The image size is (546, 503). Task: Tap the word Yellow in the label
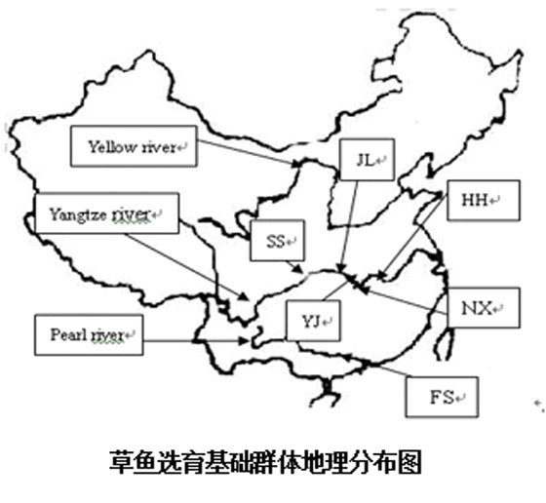coord(106,147)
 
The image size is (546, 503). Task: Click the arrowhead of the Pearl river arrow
coord(243,341)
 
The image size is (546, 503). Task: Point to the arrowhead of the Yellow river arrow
coord(296,163)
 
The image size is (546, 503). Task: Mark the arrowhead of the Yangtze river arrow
coord(244,296)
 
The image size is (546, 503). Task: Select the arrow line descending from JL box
coord(349,226)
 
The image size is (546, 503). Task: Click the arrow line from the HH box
coord(412,236)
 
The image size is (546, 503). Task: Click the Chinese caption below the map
coord(265,462)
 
